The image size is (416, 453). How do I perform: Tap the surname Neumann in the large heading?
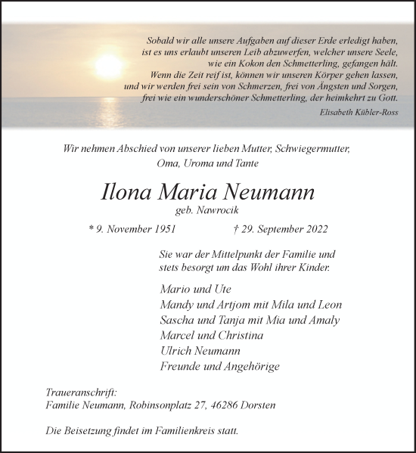tap(269, 192)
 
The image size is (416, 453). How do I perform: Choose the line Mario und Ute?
tap(196, 290)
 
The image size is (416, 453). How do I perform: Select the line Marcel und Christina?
tap(212, 335)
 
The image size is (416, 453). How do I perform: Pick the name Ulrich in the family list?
tap(179, 351)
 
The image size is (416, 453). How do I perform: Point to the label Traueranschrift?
tap(82, 392)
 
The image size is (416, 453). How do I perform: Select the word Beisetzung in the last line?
tap(88, 430)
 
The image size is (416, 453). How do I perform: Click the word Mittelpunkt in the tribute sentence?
tap(242, 256)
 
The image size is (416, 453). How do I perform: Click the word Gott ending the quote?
tap(390, 98)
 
